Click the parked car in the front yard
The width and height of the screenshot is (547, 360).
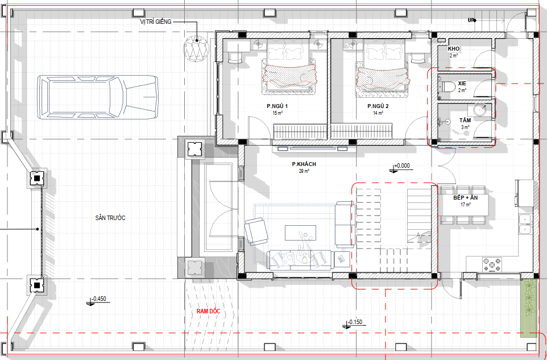pyautogui.click(x=98, y=97)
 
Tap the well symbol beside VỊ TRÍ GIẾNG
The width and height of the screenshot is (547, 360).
pyautogui.click(x=196, y=48)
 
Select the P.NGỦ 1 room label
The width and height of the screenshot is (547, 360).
pyautogui.click(x=277, y=106)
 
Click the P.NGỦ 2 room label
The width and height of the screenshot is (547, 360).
pyautogui.click(x=378, y=106)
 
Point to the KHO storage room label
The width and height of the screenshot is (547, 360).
pyautogui.click(x=454, y=48)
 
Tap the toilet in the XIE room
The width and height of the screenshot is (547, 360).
pyautogui.click(x=447, y=86)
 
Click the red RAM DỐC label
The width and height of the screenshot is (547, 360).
pyautogui.click(x=208, y=312)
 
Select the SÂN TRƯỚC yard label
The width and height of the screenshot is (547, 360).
pyautogui.click(x=110, y=218)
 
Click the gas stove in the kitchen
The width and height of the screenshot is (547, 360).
pyautogui.click(x=492, y=264)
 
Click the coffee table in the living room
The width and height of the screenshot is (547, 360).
pyautogui.click(x=301, y=233)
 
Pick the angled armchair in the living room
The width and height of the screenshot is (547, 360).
pyautogui.click(x=256, y=231)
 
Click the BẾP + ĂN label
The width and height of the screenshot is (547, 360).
pyautogui.click(x=465, y=198)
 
